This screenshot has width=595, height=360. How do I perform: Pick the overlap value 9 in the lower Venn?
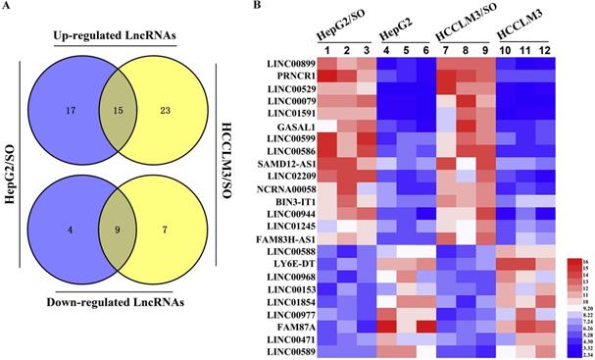point(120,232)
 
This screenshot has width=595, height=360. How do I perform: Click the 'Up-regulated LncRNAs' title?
point(121,35)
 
